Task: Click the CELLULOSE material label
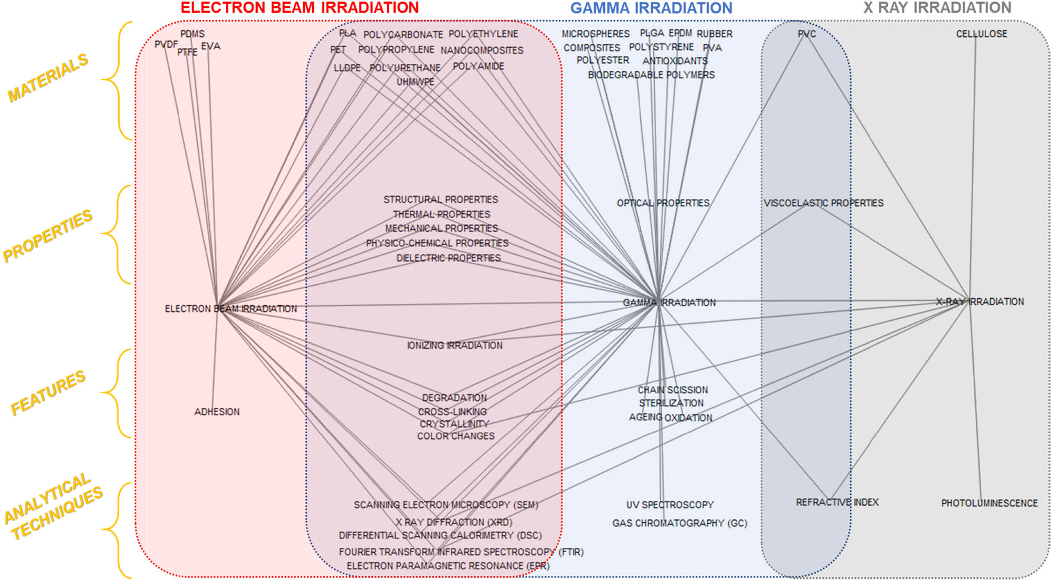[x=981, y=34]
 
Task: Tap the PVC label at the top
[x=806, y=34]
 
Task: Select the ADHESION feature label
[x=217, y=412]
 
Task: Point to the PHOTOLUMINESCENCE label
[x=989, y=503]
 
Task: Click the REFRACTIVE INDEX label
[x=837, y=502]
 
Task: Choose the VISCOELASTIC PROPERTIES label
[x=823, y=203]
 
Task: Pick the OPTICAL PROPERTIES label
[x=663, y=203]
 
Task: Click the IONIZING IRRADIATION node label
[x=454, y=345]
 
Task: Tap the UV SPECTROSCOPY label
[x=670, y=505]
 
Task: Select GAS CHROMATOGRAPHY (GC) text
[x=679, y=523]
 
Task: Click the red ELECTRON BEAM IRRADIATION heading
[x=300, y=8]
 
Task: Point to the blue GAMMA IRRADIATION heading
[x=651, y=8]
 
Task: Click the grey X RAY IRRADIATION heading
[x=937, y=8]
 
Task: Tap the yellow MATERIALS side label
[x=48, y=78]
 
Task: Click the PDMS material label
[x=193, y=34]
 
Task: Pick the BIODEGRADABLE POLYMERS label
[x=651, y=75]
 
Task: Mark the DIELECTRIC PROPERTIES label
[x=448, y=258]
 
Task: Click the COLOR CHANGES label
[x=455, y=436]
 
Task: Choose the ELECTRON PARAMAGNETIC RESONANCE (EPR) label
[x=448, y=566]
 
